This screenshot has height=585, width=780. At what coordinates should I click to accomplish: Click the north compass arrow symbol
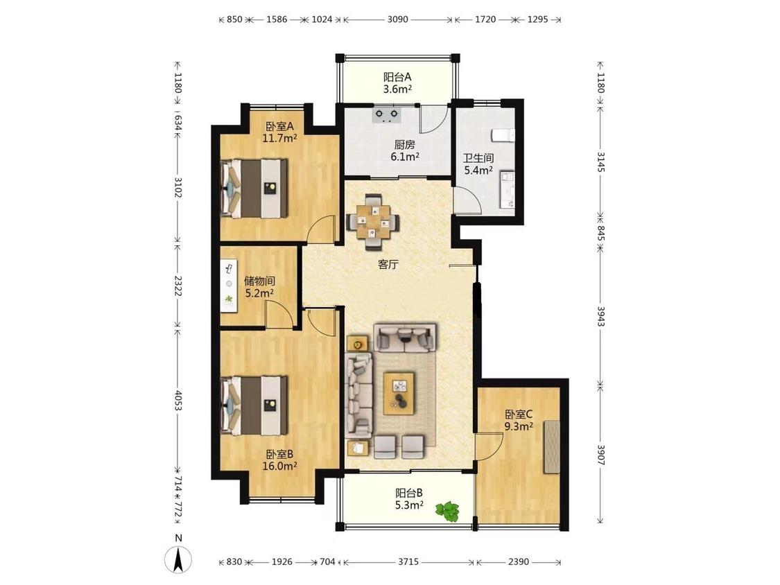[x=179, y=559]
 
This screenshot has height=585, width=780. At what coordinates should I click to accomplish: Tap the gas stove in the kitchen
[x=387, y=115]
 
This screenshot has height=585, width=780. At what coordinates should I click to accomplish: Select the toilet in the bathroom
[x=503, y=135]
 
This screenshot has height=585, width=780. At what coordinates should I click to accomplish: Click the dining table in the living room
[x=373, y=221]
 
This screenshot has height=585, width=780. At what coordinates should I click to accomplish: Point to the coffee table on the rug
[x=399, y=393]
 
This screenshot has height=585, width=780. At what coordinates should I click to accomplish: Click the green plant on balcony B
[x=447, y=511]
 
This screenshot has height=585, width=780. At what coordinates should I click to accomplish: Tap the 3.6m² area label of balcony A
[x=397, y=89]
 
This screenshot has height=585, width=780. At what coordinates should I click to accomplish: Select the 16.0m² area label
[x=279, y=466]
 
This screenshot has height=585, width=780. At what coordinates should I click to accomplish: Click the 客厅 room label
[x=388, y=264]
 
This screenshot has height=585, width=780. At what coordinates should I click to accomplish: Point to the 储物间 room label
[x=259, y=281]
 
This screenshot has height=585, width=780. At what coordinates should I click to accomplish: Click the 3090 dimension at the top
[x=397, y=19]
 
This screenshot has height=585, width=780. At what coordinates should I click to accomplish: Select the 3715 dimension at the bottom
[x=408, y=562]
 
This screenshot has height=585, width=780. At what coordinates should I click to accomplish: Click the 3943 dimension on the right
[x=600, y=316]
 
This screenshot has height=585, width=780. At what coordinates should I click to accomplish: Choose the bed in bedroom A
[x=254, y=188]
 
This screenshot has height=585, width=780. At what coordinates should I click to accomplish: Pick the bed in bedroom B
[x=254, y=405]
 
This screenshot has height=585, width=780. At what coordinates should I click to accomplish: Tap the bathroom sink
[x=508, y=189]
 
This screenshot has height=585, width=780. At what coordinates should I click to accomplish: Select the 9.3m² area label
[x=519, y=426]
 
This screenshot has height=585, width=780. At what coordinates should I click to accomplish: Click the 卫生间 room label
[x=478, y=158]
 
